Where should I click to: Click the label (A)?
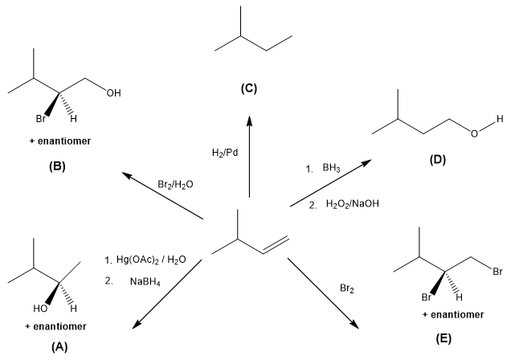[55, 347]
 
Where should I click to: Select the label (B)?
[56, 167]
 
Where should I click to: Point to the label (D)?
[437, 160]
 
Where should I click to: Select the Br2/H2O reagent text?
[175, 184]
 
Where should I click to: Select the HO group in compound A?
[39, 309]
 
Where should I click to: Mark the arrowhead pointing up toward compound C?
[249, 121]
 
